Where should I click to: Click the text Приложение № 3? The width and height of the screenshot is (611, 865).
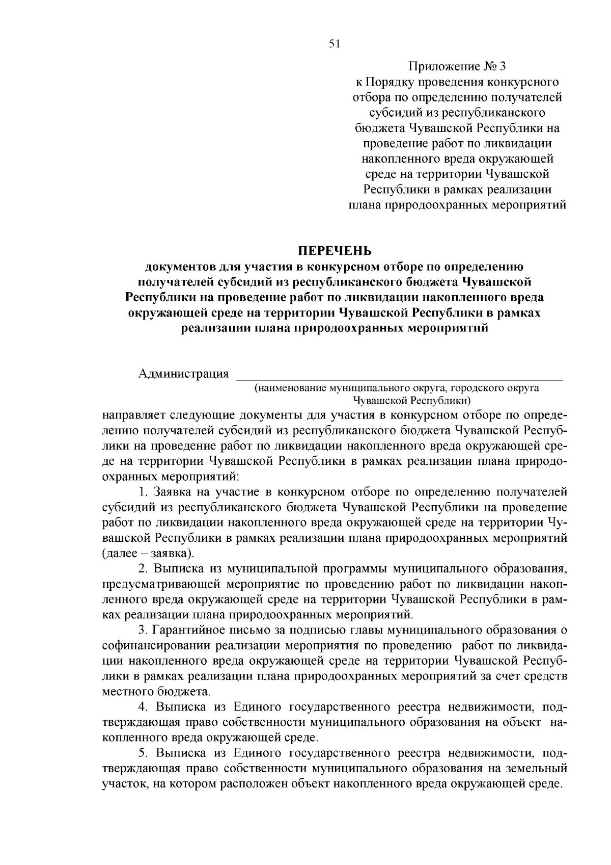[x=458, y=67]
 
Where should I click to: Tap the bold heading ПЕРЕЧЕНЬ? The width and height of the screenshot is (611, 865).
[x=335, y=251]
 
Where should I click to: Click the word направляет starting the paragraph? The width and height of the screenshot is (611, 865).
[x=133, y=414]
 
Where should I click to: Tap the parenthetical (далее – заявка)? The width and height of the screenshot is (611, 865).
[x=148, y=553]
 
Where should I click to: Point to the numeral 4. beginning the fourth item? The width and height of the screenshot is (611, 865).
[x=143, y=707]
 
